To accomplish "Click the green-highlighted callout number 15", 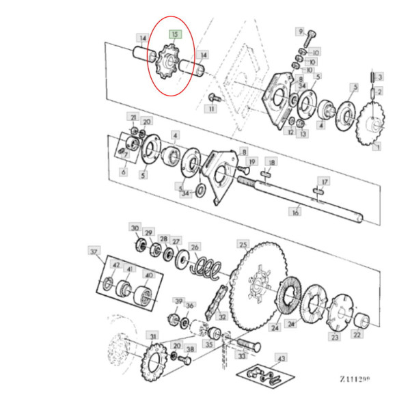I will pyautogui.click(x=174, y=33).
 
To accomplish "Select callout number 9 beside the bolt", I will pyautogui.click(x=299, y=31).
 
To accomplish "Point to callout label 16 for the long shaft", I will pyautogui.click(x=295, y=213).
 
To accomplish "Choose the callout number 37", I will pyautogui.click(x=94, y=251).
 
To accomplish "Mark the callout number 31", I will pyautogui.click(x=152, y=337).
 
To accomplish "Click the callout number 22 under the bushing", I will pyautogui.click(x=356, y=335).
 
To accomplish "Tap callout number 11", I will pyautogui.click(x=212, y=109).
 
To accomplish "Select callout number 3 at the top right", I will pyautogui.click(x=381, y=76).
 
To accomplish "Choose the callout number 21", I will pyautogui.click(x=134, y=118).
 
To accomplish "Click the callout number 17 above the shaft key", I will pyautogui.click(x=325, y=181).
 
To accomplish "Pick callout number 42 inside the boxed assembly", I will pyautogui.click(x=115, y=265).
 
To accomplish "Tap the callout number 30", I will pyautogui.click(x=135, y=228).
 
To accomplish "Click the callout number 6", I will pyautogui.click(x=124, y=172).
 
